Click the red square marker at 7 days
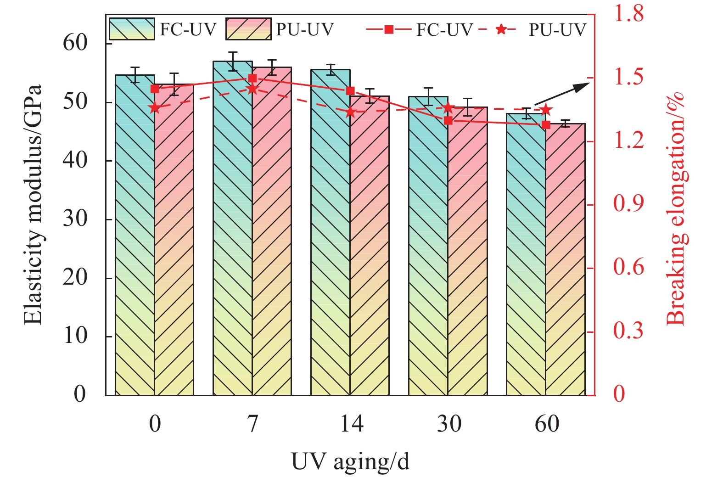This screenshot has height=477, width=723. [x=252, y=79]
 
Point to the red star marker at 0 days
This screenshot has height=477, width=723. [x=155, y=108]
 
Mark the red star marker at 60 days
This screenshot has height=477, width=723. [x=546, y=110]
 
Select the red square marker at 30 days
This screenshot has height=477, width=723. [x=448, y=121]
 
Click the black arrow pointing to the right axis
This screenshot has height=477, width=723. [x=562, y=94]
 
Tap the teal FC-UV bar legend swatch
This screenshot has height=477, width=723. [x=132, y=29]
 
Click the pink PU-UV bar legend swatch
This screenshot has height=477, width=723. [x=248, y=29]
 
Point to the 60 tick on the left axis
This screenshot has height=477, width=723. [x=75, y=43]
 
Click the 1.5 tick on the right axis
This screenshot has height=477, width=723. [x=628, y=78]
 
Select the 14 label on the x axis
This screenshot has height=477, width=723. [x=351, y=423]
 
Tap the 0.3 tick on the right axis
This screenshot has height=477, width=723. [x=628, y=331]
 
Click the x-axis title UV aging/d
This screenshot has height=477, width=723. [x=350, y=461]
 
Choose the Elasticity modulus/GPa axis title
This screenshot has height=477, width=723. [x=33, y=205]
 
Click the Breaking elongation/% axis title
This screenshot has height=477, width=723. [x=676, y=209]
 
